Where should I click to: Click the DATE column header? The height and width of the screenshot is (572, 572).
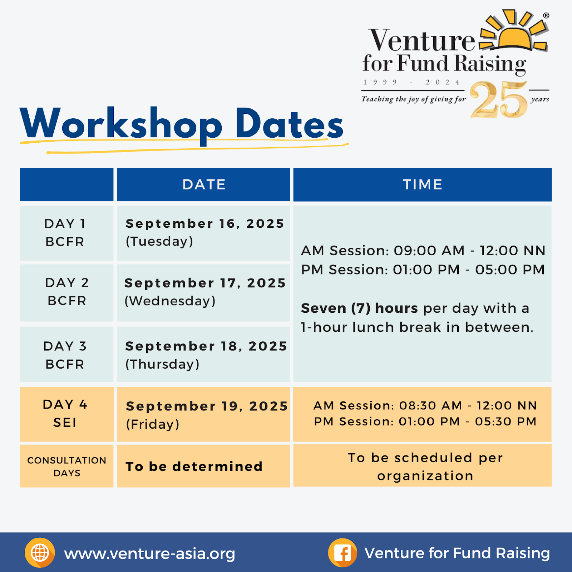(x=204, y=184)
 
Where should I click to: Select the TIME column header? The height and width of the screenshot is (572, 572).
(x=423, y=184)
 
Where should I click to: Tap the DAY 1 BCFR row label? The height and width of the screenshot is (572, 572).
(x=65, y=233)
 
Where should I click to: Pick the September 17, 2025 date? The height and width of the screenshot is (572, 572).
(x=205, y=283)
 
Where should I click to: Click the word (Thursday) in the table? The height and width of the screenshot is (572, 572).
(x=162, y=364)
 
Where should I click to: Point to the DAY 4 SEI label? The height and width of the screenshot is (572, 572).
(x=65, y=414)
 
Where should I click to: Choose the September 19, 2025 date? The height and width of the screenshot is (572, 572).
(x=207, y=406)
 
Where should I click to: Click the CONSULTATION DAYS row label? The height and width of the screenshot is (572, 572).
(x=67, y=467)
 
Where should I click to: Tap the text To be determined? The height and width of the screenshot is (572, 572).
(x=194, y=467)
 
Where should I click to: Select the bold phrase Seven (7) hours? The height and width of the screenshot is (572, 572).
(x=359, y=308)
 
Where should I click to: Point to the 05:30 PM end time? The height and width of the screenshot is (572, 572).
(x=506, y=421)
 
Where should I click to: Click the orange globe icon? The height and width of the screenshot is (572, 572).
(x=40, y=553)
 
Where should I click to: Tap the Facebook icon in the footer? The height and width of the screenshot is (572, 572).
(x=342, y=553)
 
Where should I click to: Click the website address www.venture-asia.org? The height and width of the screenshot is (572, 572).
(x=149, y=554)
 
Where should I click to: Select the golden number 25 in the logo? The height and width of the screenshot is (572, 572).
(x=499, y=100)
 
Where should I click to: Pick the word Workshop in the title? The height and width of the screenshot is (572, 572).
(x=121, y=124)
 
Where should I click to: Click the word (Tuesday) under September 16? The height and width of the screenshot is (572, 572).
(x=159, y=241)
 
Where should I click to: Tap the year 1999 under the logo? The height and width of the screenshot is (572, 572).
(x=380, y=82)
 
